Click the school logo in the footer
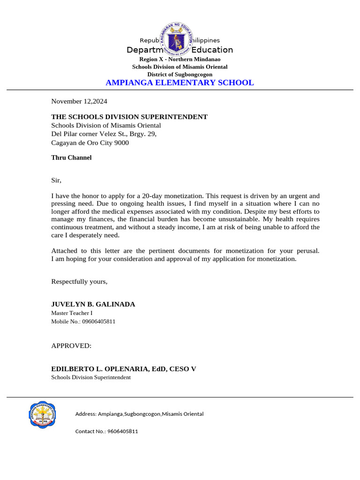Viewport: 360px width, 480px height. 43,415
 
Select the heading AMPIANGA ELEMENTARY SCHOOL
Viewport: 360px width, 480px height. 180,83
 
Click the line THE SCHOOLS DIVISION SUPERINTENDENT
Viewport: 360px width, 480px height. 129,117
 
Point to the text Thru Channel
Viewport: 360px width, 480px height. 71,157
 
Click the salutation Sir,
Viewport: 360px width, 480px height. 56,180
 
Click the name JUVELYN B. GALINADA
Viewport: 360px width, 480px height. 93,304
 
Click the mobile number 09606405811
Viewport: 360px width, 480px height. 98,322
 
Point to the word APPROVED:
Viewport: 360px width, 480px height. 71,346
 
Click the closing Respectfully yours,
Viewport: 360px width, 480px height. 79,281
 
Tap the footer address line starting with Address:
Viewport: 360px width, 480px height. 139,414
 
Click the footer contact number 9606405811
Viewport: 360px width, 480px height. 122,431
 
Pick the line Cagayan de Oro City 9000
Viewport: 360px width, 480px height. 90,142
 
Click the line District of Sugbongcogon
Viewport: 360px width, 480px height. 180,75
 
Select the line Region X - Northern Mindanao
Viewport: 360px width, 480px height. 180,60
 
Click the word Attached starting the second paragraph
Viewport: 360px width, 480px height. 64,251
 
